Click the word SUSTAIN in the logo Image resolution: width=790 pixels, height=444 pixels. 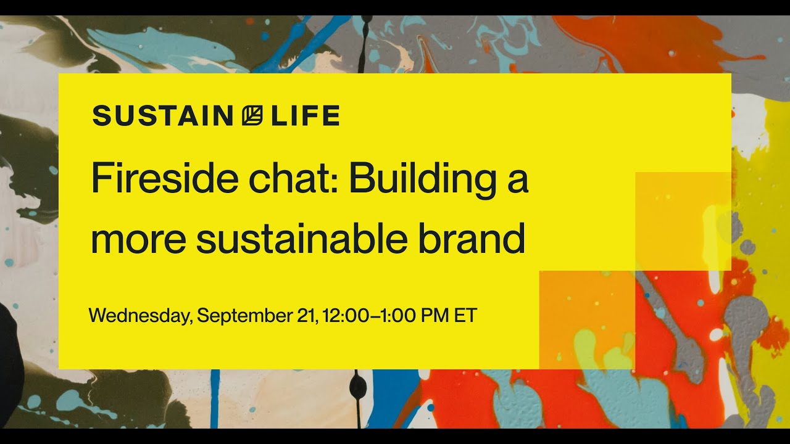point(162,116)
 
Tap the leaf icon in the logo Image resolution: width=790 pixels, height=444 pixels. point(252,116)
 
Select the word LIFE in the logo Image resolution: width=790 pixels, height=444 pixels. point(305,116)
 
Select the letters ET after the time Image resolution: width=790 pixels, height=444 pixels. point(466,315)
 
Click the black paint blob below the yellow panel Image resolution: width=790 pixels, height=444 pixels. point(357,387)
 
